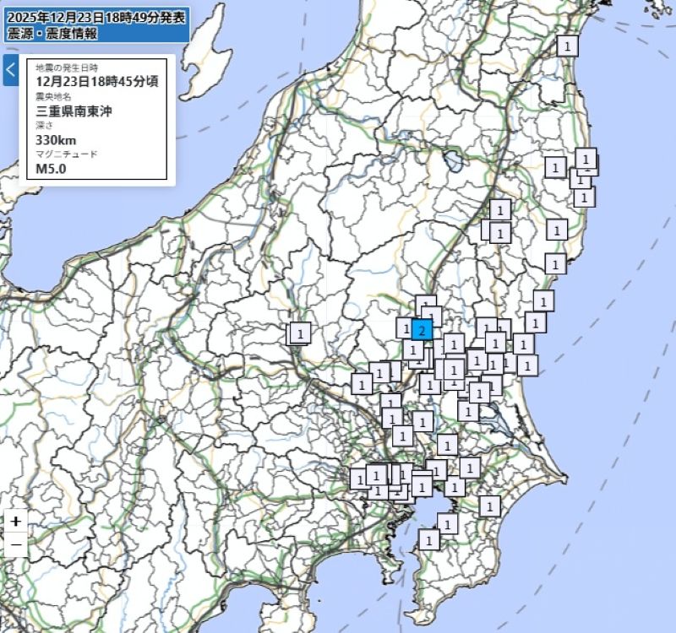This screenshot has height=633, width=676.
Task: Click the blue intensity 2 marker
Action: [x=422, y=329]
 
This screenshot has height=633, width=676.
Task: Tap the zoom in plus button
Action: [x=16, y=521]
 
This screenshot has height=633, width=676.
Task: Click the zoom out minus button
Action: [x=16, y=546]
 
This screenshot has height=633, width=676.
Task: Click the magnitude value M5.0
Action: [x=51, y=169]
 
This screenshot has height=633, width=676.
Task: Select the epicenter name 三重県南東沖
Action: [x=74, y=111]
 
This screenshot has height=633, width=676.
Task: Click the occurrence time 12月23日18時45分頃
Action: [x=96, y=81]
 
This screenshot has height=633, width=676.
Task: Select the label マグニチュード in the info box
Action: [x=67, y=154]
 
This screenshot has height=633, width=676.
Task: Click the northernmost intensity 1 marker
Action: [x=568, y=45]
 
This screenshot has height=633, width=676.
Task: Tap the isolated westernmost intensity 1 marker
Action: [x=300, y=333]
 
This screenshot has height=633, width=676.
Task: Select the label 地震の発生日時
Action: [x=67, y=67]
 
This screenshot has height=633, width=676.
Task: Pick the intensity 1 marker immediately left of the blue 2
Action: [x=406, y=327]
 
